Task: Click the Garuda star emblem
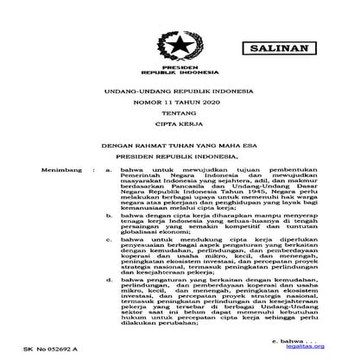pyautogui.click(x=180, y=45)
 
